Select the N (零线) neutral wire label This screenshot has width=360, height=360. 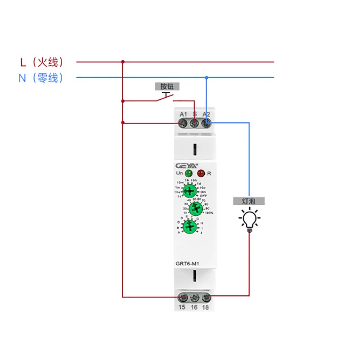[x=41, y=78]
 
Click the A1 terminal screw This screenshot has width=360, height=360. [x=183, y=122]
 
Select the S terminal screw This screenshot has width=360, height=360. [x=194, y=122]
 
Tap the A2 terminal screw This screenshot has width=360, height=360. [x=206, y=122]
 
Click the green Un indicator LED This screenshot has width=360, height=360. [x=189, y=173]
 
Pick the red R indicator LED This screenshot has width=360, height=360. [x=201, y=173]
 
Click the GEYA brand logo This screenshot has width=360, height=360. [x=184, y=165]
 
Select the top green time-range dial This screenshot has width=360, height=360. [x=190, y=191]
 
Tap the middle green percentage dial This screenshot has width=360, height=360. [x=195, y=208]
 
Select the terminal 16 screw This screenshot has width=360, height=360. [x=194, y=297]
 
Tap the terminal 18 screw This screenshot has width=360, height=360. [x=206, y=297]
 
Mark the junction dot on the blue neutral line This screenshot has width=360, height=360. [x=207, y=77]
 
